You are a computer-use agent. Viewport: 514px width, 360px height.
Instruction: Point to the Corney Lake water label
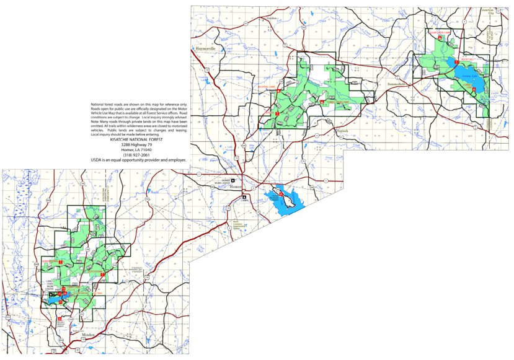[470, 76]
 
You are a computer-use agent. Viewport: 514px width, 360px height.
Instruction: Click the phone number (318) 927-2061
[138, 154]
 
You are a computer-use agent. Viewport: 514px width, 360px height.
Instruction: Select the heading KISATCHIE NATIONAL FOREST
[138, 139]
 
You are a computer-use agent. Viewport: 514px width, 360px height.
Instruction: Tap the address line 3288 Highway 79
[138, 144]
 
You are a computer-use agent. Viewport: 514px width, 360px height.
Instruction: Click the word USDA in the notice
[97, 159]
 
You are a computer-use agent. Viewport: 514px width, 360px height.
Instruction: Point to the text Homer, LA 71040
[138, 149]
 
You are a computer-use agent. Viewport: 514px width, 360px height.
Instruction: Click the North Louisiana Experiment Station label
[241, 225]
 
